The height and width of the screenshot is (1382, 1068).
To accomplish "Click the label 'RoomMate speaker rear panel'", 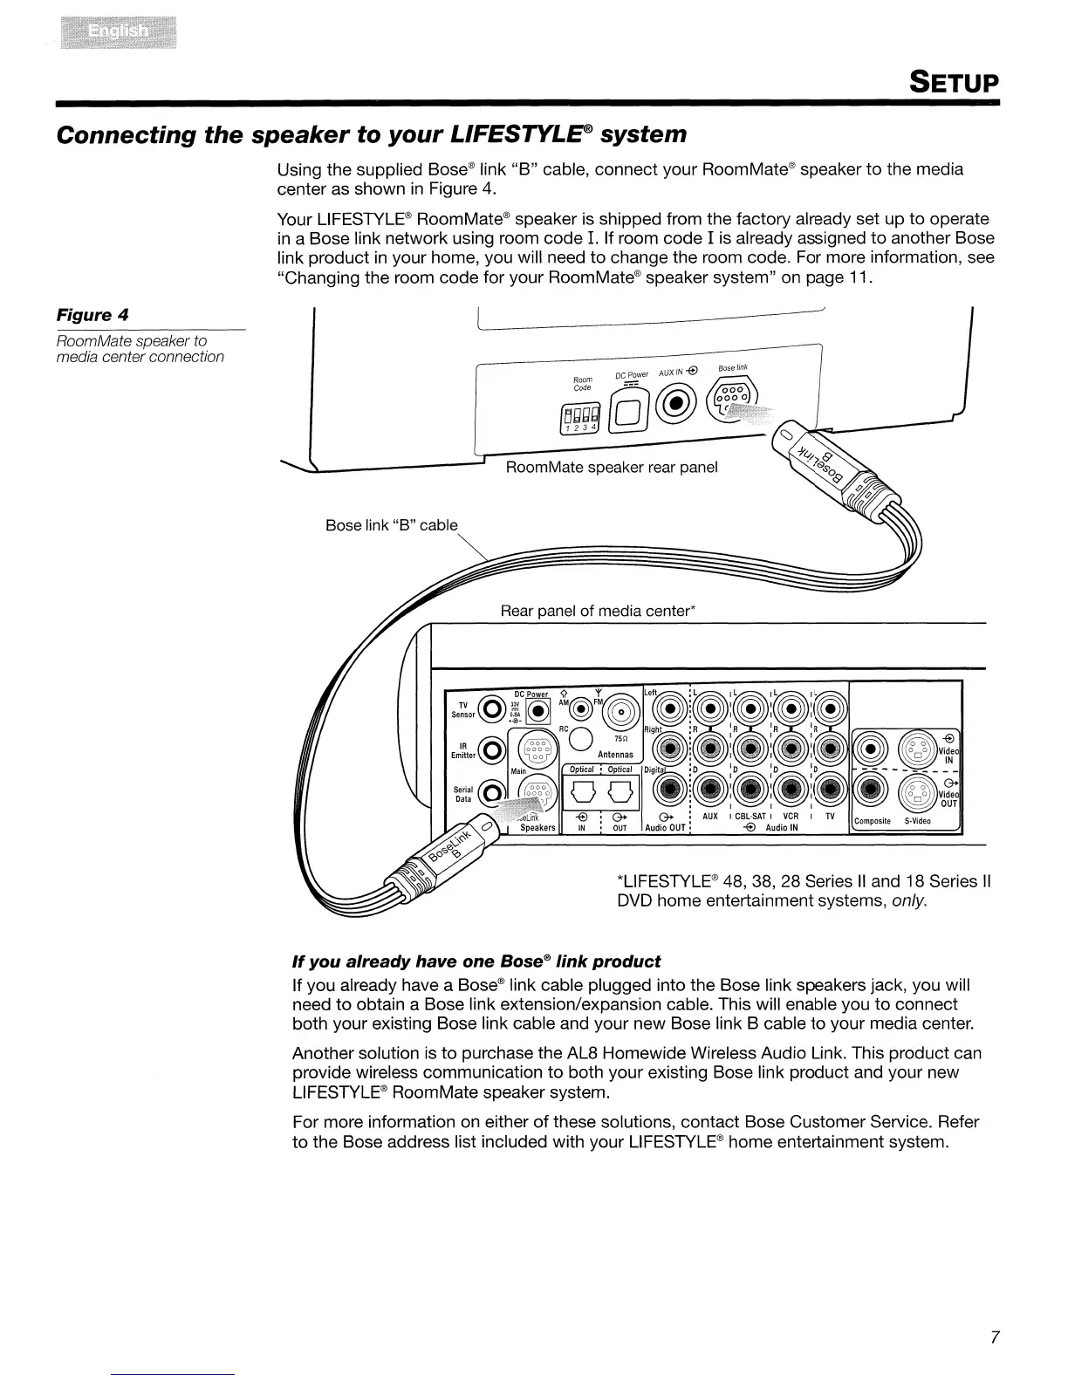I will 612,468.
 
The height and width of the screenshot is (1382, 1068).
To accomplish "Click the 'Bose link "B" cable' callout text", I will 391,525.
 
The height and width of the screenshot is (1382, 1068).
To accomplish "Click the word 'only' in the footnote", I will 907,900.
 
